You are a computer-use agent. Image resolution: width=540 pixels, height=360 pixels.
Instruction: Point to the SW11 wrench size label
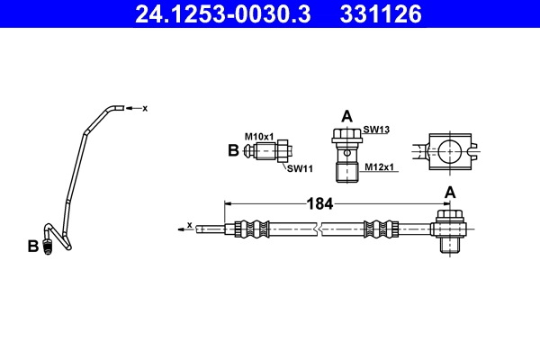point(300,168)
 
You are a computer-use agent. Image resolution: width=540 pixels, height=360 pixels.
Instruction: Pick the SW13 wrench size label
point(376,130)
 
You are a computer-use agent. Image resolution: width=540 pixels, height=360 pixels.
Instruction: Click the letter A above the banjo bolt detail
point(346,115)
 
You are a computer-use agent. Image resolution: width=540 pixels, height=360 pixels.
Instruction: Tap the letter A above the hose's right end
point(449,193)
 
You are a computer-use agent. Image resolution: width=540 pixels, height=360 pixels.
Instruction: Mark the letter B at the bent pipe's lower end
point(33,246)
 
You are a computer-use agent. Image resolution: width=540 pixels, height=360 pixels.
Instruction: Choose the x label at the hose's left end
point(189,224)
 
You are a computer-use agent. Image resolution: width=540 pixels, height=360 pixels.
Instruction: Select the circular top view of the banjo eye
point(447,151)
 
